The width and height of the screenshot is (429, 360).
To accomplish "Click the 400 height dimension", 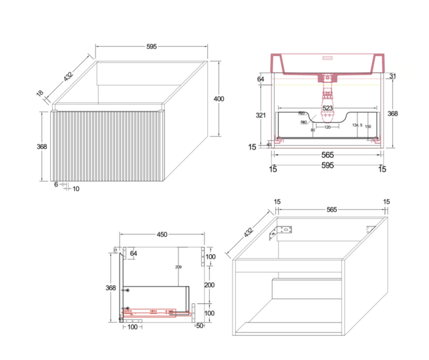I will click(218, 99).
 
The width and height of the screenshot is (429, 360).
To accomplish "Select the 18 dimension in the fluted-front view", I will click(40, 94).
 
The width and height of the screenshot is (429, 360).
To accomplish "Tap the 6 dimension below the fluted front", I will click(55, 184).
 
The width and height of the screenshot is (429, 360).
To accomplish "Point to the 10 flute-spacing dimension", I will click(76, 189).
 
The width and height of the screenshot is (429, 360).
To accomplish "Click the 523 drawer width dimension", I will click(327, 108).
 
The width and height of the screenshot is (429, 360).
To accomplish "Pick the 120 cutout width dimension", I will click(327, 127).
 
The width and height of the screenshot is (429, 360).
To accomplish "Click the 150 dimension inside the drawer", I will click(368, 127).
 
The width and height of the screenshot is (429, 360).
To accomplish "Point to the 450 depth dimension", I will click(161, 234).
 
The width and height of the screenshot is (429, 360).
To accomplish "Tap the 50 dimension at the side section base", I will click(200, 325).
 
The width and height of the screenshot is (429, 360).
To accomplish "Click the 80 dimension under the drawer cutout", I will click(313, 130).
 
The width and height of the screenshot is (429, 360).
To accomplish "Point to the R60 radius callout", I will click(301, 114).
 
